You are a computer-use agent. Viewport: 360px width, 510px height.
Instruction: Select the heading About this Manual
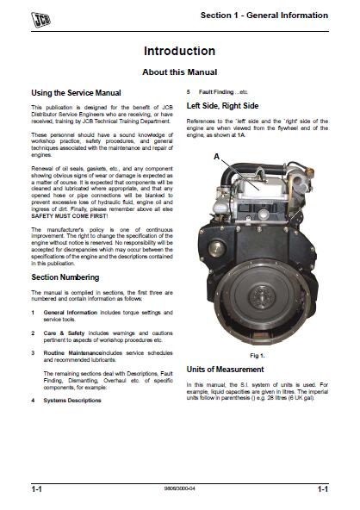[x=179, y=72]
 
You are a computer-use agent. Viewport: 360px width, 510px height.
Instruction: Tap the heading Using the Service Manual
[x=76, y=92]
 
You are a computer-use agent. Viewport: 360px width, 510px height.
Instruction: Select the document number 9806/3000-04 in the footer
[x=180, y=489]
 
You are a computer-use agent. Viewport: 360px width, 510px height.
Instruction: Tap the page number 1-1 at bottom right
[x=321, y=489]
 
